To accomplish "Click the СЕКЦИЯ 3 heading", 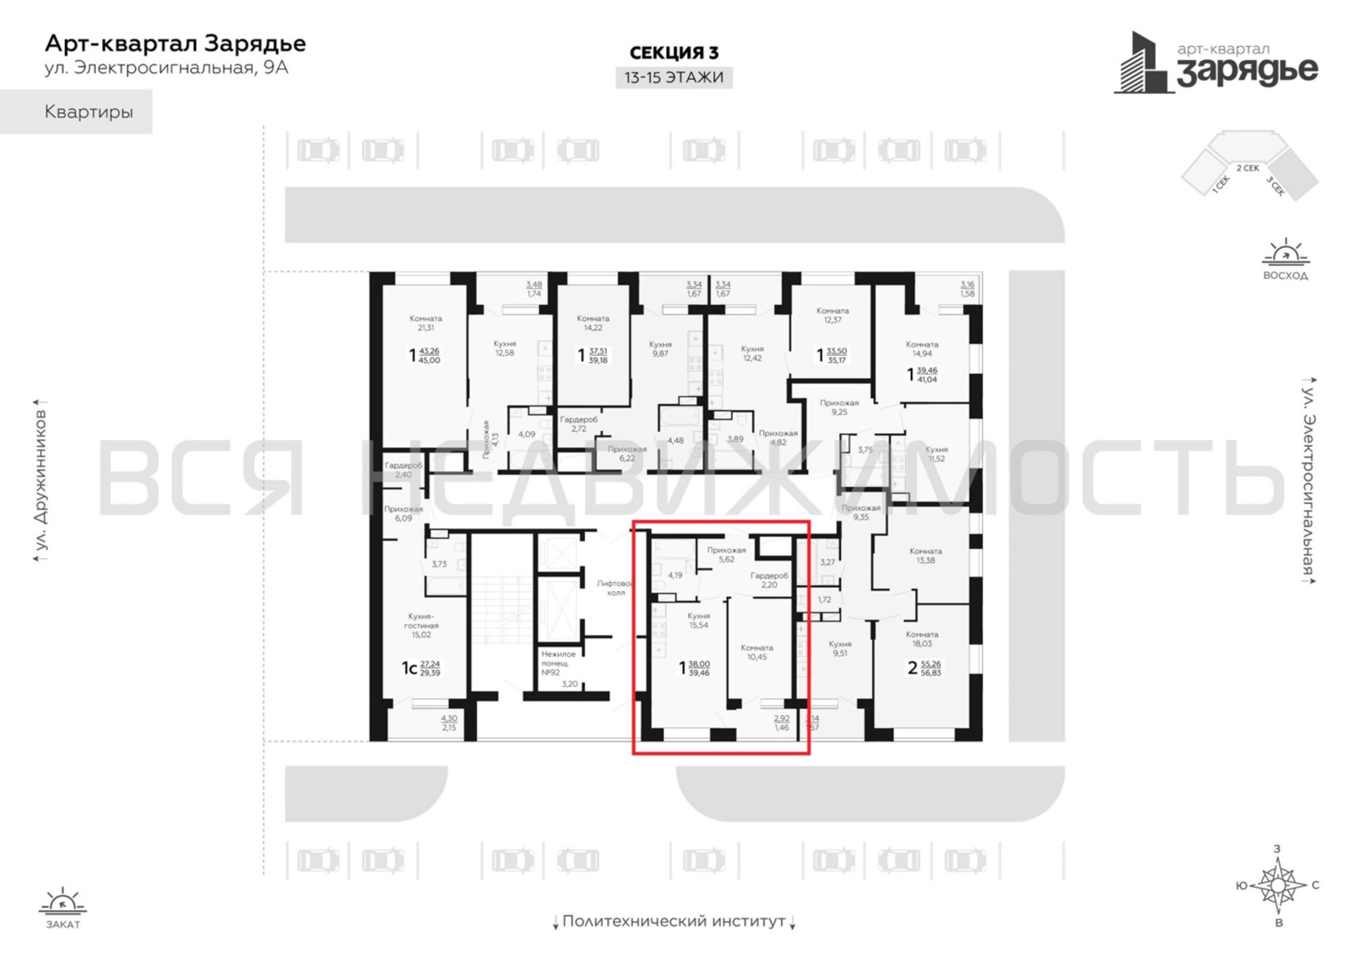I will [x=674, y=53].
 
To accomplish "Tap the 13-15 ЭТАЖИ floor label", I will [x=674, y=77].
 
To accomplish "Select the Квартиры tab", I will [x=88, y=112].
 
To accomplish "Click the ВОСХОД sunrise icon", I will [x=1285, y=259].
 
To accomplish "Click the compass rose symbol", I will [x=1278, y=885].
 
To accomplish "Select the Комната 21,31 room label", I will [x=426, y=323].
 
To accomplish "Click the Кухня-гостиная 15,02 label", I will [x=421, y=626].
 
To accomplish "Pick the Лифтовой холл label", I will [x=615, y=588].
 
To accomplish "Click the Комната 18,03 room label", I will [x=922, y=639].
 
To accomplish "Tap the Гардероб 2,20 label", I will [x=768, y=580].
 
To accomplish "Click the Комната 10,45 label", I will [x=756, y=652].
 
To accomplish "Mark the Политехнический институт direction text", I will [x=674, y=921].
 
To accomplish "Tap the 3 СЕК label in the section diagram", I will [x=1275, y=186].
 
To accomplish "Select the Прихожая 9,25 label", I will [x=839, y=407].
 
